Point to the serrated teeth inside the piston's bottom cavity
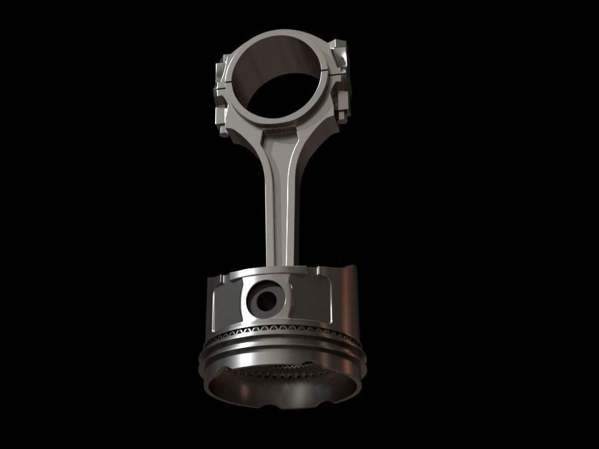tap(280, 373)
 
